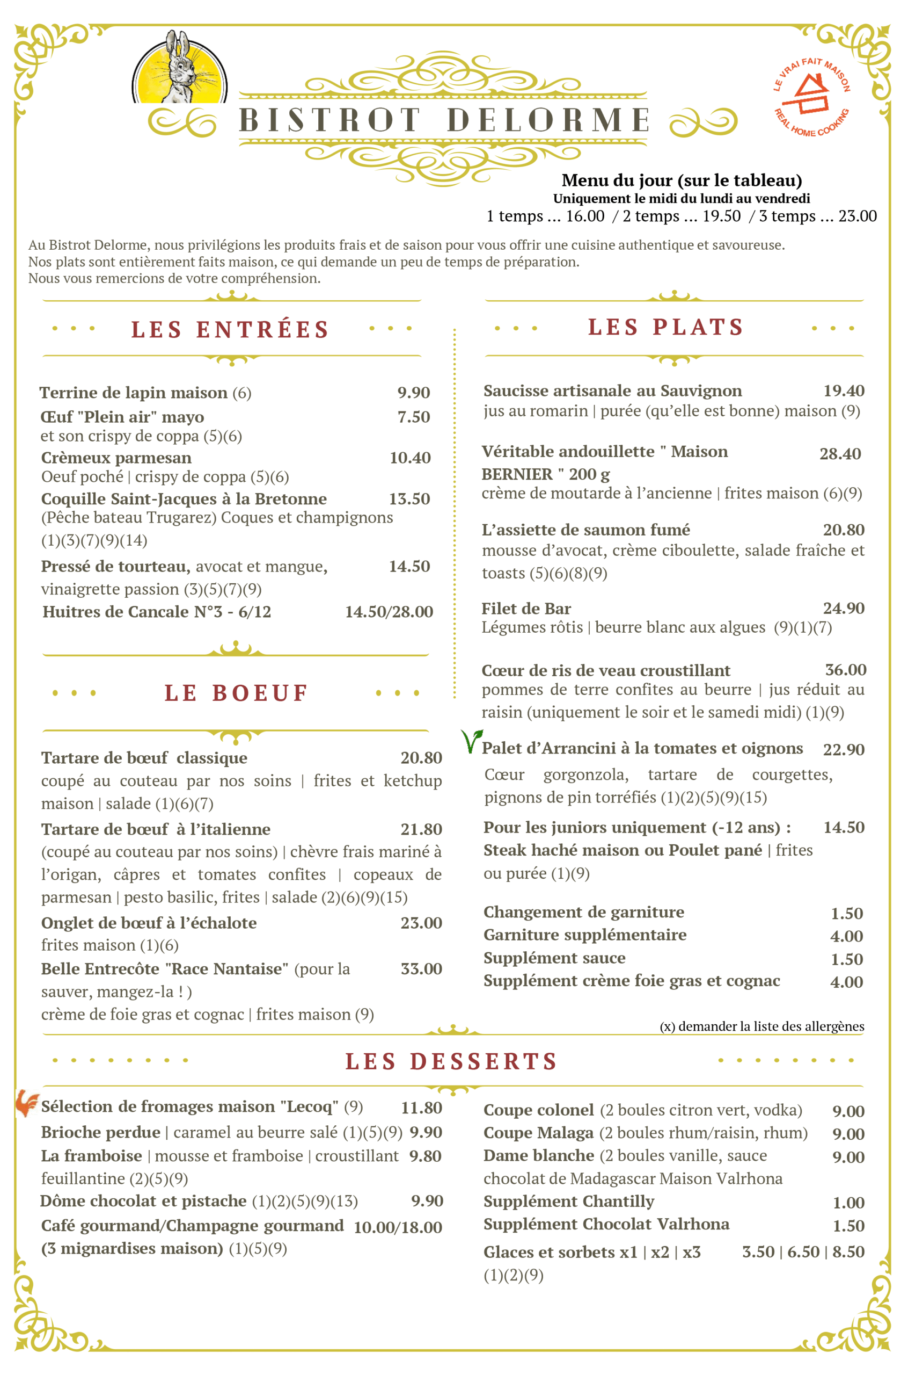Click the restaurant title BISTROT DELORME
pyautogui.click(x=444, y=120)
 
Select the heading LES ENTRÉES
pyautogui.click(x=230, y=330)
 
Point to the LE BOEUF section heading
pyautogui.click(x=236, y=693)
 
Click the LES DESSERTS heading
pyautogui.click(x=451, y=1061)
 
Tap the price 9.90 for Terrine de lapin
pyautogui.click(x=413, y=393)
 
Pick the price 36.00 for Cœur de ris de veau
pyautogui.click(x=845, y=670)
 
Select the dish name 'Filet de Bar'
pyautogui.click(x=526, y=609)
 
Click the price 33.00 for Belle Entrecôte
pyautogui.click(x=421, y=969)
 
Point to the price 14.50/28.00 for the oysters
pyautogui.click(x=389, y=612)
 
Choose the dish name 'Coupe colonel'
pyautogui.click(x=539, y=1110)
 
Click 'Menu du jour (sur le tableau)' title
pyautogui.click(x=682, y=181)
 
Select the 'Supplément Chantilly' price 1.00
pyautogui.click(x=848, y=1203)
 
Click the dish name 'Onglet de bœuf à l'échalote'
pyautogui.click(x=149, y=923)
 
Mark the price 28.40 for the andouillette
pyautogui.click(x=840, y=454)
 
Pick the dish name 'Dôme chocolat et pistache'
pyautogui.click(x=143, y=1201)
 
